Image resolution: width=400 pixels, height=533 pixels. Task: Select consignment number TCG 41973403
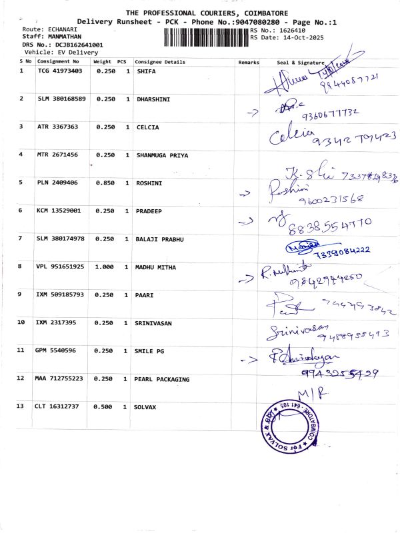tap(60, 70)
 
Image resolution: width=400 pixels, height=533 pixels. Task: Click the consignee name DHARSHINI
tap(153, 99)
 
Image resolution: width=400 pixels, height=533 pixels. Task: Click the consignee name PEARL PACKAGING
tap(163, 379)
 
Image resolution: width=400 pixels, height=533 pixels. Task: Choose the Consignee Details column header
tap(160, 61)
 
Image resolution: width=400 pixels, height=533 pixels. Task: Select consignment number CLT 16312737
tap(58, 406)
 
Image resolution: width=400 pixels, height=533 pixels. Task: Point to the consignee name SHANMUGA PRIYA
tap(162, 155)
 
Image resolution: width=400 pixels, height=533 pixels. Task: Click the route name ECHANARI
tap(60, 30)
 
